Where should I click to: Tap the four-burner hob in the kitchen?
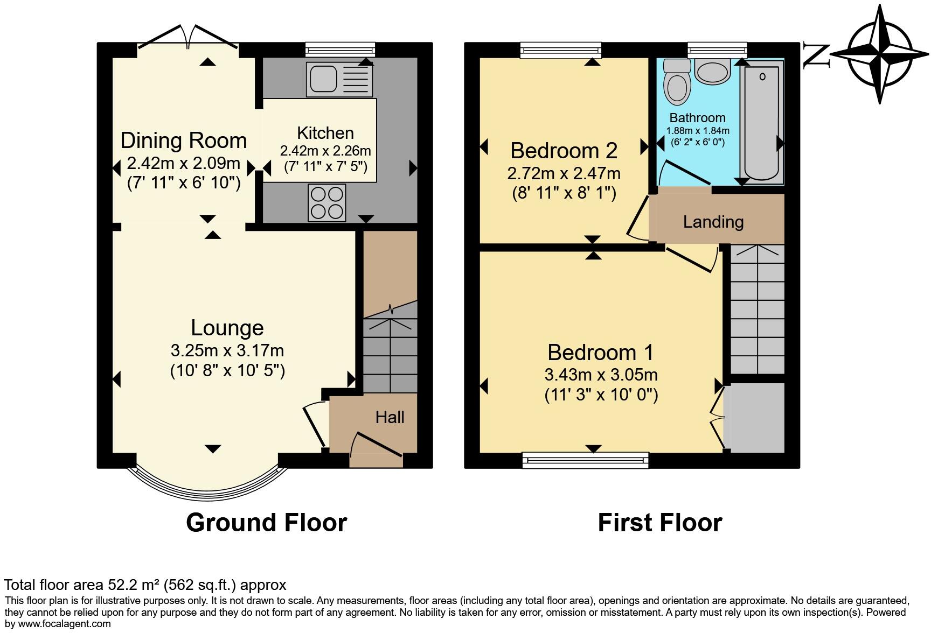[326, 202]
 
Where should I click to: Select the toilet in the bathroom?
[677, 82]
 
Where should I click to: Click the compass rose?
[880, 54]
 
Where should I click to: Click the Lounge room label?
[227, 328]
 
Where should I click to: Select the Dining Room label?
[183, 140]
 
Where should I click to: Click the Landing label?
[713, 222]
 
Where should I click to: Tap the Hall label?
[390, 417]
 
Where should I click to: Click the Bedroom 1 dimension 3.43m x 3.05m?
[601, 375]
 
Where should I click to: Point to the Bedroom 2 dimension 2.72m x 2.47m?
[564, 173]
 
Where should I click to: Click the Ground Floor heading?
[266, 523]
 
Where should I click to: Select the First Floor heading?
[659, 523]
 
